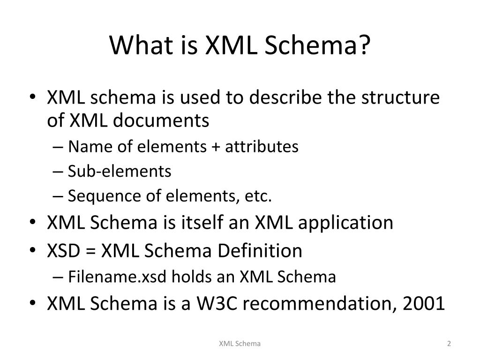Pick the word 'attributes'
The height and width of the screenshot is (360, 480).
click(x=261, y=147)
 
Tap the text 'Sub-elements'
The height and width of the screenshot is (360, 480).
click(x=120, y=172)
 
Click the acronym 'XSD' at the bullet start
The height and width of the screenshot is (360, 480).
click(x=63, y=251)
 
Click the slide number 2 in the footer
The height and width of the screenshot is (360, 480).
click(x=449, y=344)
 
